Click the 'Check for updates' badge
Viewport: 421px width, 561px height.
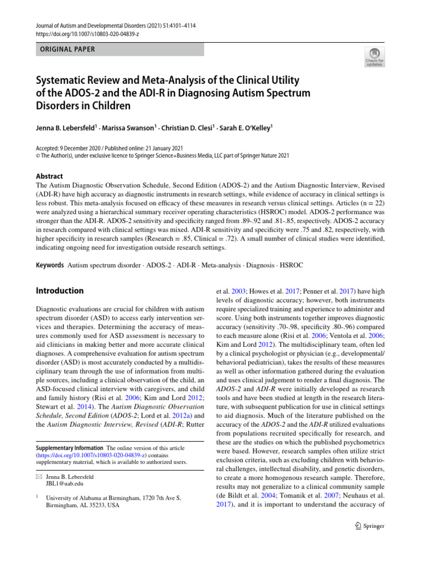(374, 56)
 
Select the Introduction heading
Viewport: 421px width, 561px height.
(59, 291)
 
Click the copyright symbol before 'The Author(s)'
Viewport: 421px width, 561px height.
(37, 156)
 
